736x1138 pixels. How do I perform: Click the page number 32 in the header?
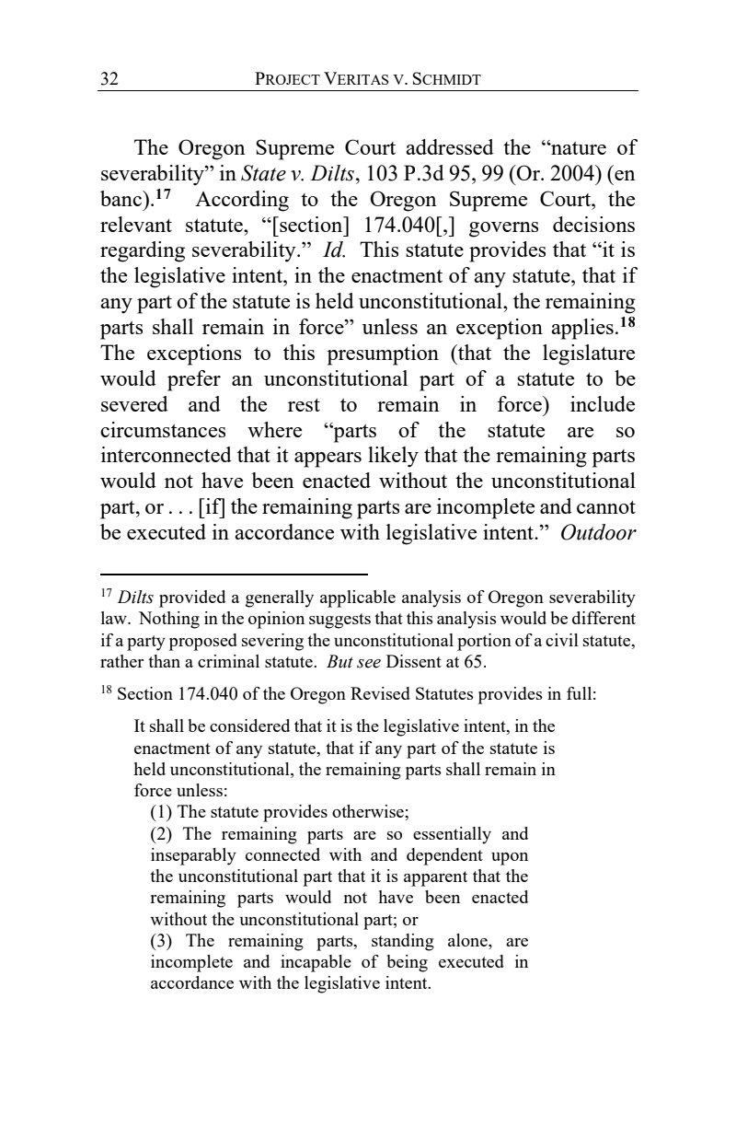click(x=109, y=79)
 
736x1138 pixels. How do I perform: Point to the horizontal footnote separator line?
click(x=234, y=572)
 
